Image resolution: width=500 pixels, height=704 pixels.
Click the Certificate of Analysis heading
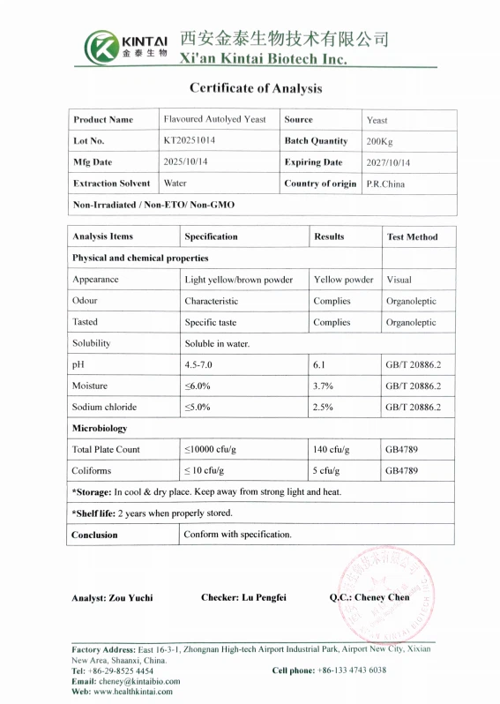[256, 88]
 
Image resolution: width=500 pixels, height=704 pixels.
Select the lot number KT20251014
[189, 141]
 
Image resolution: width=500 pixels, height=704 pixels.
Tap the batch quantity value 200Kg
[381, 142]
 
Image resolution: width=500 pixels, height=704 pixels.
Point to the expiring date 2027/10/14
[388, 163]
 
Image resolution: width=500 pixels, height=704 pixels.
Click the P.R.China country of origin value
[385, 184]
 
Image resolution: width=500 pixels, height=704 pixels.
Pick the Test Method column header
[412, 237]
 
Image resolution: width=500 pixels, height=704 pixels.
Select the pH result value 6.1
[320, 364]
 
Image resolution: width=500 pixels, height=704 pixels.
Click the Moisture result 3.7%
[324, 386]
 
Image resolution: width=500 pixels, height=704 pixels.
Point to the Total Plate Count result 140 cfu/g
[332, 449]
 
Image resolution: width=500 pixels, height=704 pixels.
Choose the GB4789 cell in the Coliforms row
[401, 470]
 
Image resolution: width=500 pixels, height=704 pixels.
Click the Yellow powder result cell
[343, 280]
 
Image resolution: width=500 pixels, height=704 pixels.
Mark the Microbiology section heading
[100, 428]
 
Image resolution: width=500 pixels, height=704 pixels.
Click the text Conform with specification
[238, 535]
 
